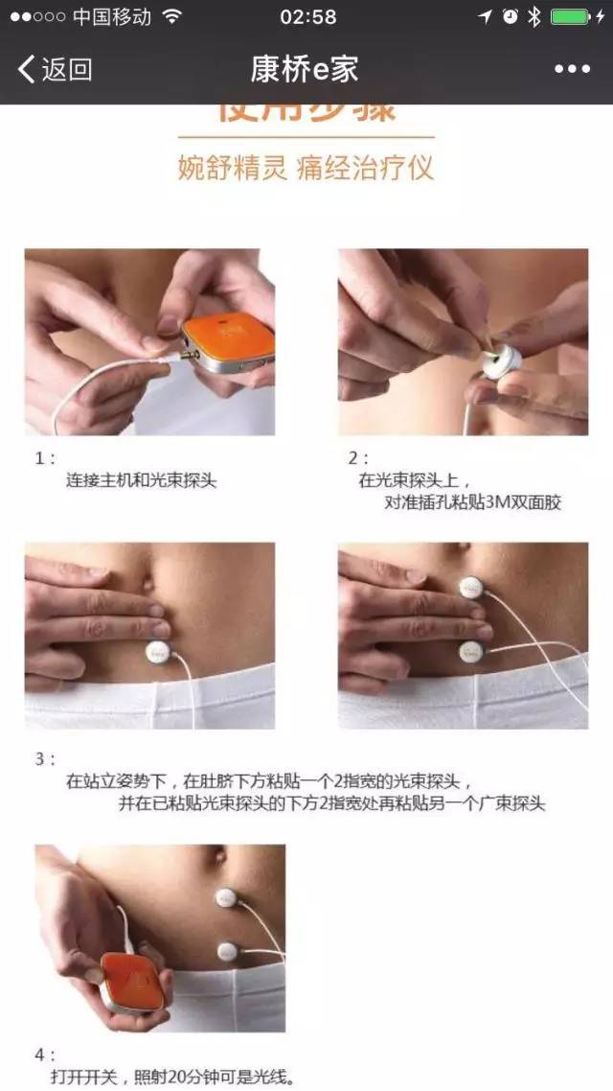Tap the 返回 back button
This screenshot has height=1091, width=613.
pos(56,69)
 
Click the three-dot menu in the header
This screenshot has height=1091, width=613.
pos(572,69)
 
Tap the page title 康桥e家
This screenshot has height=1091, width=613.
pos(305,69)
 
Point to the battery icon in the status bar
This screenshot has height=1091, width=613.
pos(571,17)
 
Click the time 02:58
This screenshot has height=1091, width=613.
pos(307,17)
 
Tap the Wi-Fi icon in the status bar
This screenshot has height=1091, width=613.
pos(171,17)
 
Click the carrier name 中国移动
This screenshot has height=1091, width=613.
pos(111,17)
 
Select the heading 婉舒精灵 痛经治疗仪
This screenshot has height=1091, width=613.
pos(306,168)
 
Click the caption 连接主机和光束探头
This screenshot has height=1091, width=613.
pos(141,480)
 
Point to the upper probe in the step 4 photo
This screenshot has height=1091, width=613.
pos(226,897)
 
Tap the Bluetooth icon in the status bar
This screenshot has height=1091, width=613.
pos(534,17)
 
